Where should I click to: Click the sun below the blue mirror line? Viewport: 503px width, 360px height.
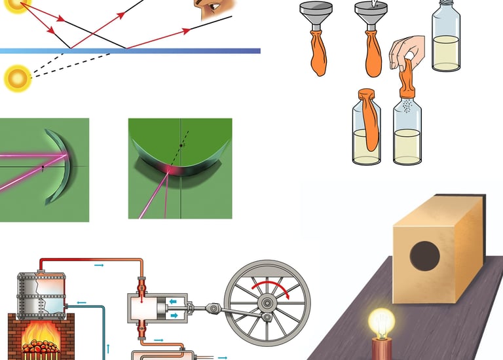pos(18,79)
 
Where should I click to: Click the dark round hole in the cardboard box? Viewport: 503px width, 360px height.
pos(424,256)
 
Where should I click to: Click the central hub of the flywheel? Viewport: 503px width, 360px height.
pos(267,303)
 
